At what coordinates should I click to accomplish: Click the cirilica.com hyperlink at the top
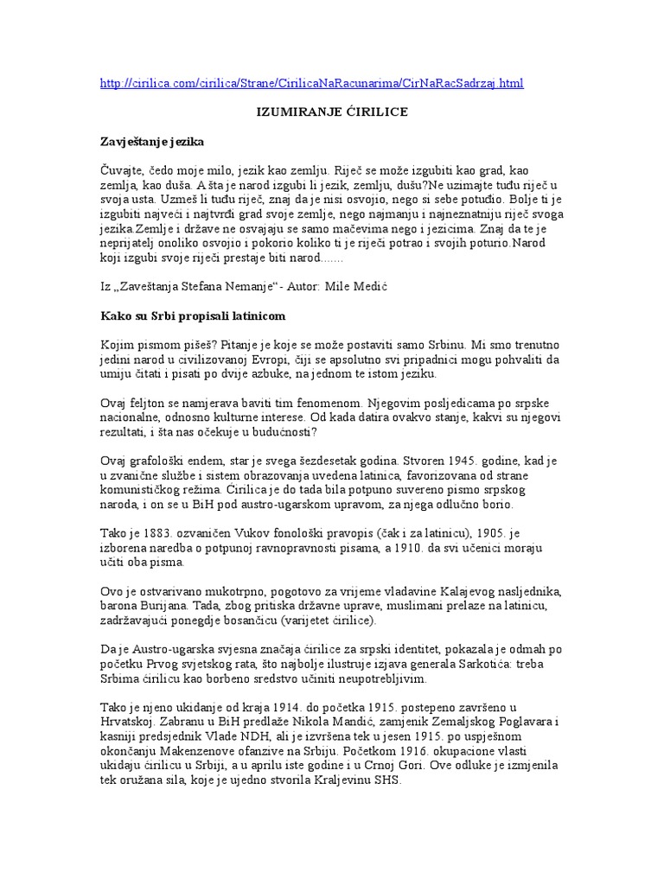(312, 83)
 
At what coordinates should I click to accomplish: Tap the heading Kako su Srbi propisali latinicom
(193, 315)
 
